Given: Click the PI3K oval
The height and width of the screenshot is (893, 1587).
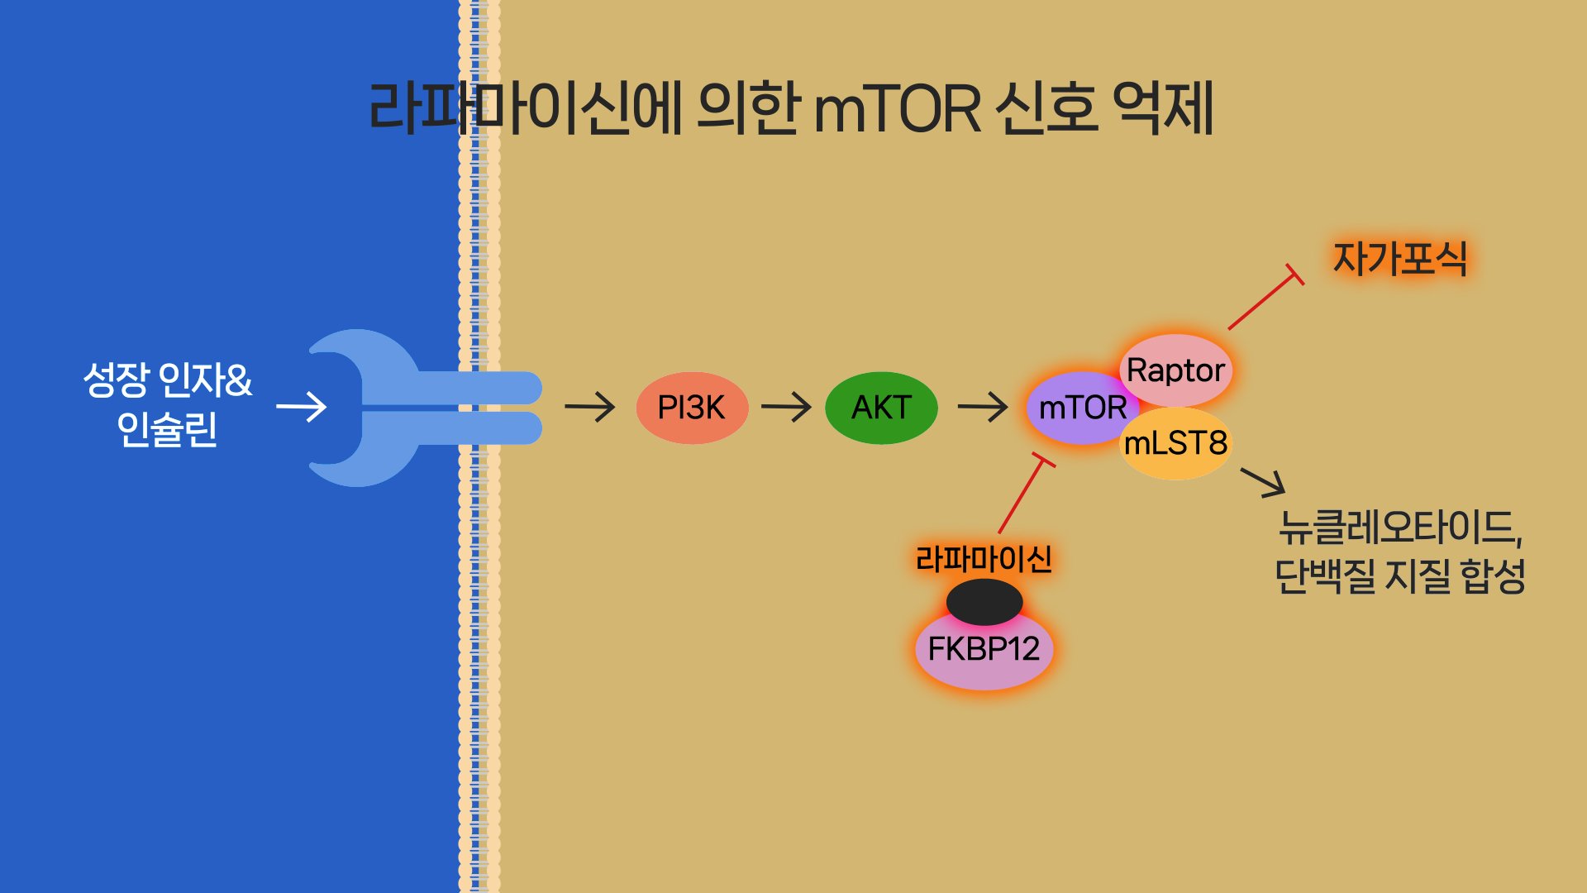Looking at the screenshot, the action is point(692,408).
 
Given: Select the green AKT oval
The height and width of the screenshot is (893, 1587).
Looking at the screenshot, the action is point(881,408).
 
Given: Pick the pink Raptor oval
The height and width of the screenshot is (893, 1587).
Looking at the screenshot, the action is point(1175,370).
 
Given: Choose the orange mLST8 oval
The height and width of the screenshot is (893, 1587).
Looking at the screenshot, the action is point(1176,444).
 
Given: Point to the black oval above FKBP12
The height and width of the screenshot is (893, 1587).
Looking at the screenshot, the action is point(984,601).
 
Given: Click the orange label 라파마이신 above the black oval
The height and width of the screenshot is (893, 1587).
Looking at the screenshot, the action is point(984,560).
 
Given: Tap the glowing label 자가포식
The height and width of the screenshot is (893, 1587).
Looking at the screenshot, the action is point(1400,259).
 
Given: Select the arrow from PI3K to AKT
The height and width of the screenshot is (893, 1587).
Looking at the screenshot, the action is point(786,407).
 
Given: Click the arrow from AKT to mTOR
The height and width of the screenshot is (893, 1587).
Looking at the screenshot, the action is point(982,407).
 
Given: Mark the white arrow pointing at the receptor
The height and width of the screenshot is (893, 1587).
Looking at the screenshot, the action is point(301,407).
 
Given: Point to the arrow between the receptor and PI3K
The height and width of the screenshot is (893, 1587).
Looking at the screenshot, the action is point(589,407).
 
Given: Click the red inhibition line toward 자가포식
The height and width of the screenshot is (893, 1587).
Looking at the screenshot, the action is point(1263,299).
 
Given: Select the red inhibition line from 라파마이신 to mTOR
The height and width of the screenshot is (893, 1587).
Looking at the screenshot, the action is point(1022,494).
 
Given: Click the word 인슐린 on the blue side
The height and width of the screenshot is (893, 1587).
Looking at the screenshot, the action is point(167,429).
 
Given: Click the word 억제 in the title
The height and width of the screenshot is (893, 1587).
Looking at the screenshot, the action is point(1163,108).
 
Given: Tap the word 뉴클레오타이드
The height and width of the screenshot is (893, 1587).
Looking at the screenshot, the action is point(1399,528).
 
